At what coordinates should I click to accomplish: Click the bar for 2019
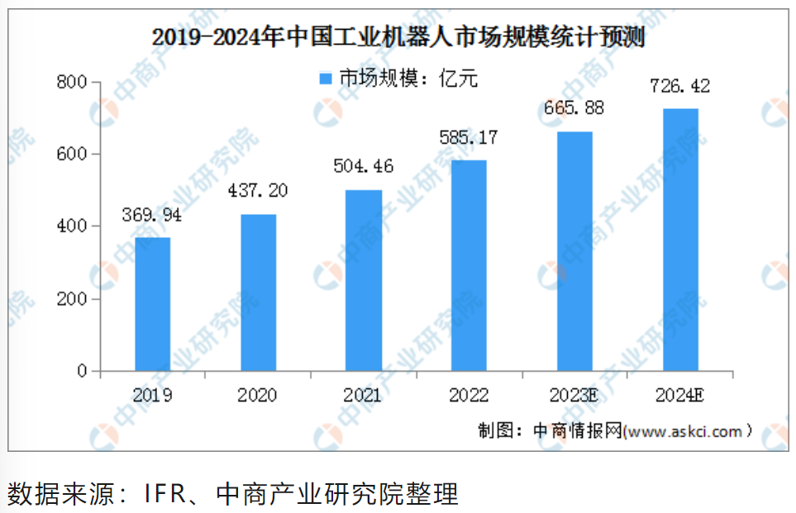[x=153, y=304]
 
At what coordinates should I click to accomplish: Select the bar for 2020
[x=258, y=292]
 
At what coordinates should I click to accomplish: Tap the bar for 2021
[x=364, y=280]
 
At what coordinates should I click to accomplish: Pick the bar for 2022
[x=469, y=265]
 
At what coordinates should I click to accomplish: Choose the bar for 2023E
[x=574, y=251]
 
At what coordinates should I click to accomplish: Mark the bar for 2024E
[x=680, y=240]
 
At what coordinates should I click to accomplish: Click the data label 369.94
[x=153, y=216]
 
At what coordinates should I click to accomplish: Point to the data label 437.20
[x=259, y=192]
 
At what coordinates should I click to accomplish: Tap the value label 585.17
[x=469, y=137]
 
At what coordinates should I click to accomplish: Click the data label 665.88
[x=574, y=108]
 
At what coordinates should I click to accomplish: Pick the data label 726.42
[x=680, y=86]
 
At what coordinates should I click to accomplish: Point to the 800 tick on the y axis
[x=72, y=82]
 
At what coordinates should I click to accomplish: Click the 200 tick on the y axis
[x=72, y=299]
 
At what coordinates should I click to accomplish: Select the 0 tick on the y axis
[x=82, y=372]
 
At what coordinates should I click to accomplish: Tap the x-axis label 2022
[x=469, y=395]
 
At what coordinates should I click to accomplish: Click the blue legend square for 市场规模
[x=325, y=78]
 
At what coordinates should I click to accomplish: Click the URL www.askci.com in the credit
[x=686, y=431]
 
